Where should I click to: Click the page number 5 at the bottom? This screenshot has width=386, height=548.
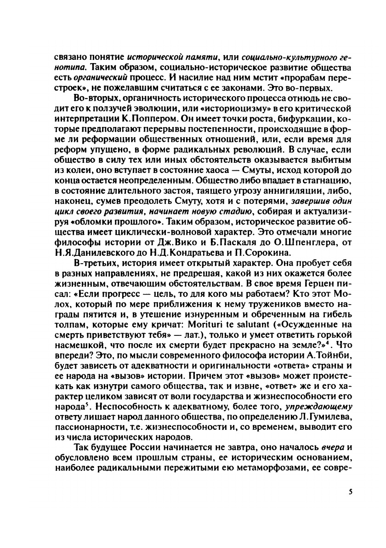pos(350,492)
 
